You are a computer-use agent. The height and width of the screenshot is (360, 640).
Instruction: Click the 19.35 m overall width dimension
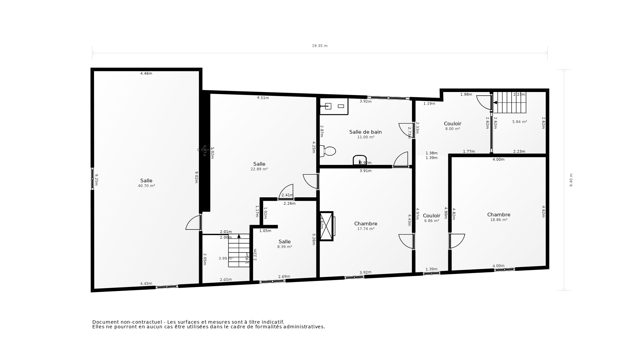[320, 46]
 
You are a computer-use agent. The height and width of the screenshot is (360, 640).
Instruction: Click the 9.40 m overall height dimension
[571, 180]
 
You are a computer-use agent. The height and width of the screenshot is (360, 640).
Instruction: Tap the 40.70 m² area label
[146, 186]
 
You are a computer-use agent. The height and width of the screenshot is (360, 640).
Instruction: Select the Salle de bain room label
[365, 132]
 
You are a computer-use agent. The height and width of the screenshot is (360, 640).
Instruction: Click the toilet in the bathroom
[328, 151]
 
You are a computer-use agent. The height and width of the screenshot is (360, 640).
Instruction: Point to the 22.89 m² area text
[259, 169]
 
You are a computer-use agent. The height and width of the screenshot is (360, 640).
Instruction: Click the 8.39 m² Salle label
[284, 242]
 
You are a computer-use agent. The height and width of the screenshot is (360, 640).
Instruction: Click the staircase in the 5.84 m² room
[509, 103]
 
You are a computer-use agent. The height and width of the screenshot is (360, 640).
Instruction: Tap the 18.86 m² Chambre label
[499, 215]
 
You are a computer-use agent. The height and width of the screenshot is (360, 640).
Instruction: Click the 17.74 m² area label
[366, 229]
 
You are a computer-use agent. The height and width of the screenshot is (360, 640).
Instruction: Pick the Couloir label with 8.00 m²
[452, 124]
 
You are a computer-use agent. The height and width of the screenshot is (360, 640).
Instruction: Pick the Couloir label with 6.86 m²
[431, 216]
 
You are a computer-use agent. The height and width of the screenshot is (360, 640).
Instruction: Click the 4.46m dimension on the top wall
[146, 73]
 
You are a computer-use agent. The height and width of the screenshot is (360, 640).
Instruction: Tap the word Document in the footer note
[105, 322]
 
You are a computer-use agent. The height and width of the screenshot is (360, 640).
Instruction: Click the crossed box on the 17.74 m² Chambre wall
[326, 226]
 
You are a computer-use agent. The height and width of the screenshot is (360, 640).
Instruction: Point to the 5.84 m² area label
[519, 122]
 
